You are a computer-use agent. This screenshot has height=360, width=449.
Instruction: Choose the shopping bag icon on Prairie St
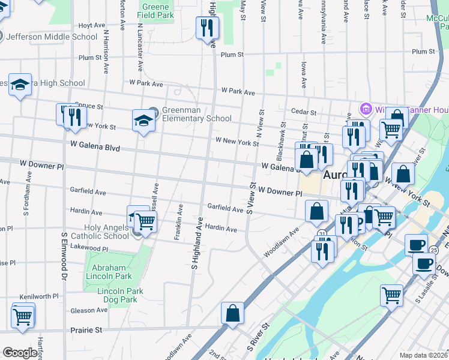pos(232,313)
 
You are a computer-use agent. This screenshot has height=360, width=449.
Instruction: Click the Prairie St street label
pos(86,330)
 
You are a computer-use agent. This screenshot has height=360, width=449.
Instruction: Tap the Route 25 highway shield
pos(433,249)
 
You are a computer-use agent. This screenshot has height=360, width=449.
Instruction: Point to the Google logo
pos(20,353)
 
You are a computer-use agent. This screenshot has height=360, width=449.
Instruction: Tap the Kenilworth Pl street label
pos(38,296)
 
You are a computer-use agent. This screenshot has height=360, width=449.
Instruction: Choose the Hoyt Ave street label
pos(92,25)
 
